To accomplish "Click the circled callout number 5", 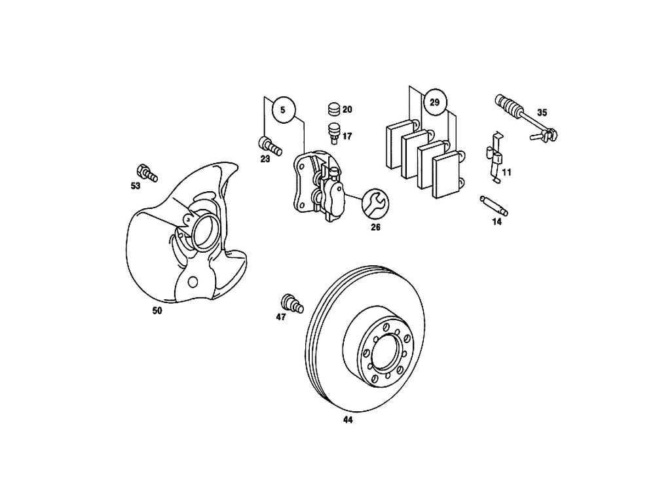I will (x=283, y=110).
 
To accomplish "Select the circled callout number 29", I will (x=434, y=101).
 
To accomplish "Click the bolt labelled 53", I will (x=147, y=172).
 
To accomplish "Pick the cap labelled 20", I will (x=334, y=109).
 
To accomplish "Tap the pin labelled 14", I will (x=495, y=206).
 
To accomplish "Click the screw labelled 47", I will (x=291, y=303).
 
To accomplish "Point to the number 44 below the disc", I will (x=347, y=420).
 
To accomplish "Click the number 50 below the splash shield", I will (x=157, y=311).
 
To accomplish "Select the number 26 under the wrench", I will (x=375, y=228).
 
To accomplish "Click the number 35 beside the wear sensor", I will (x=542, y=112).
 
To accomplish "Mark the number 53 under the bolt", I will (x=136, y=186).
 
